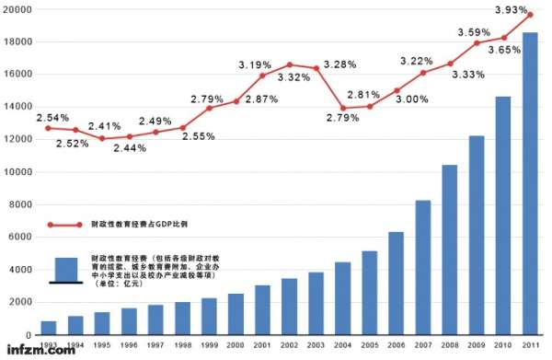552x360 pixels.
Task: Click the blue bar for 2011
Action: click(x=530, y=184)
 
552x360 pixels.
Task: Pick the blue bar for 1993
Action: click(x=49, y=328)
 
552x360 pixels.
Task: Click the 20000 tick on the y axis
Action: click(x=17, y=9)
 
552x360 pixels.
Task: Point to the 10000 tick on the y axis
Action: click(x=17, y=172)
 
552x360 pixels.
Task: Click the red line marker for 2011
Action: click(x=530, y=15)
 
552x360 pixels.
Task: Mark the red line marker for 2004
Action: click(x=343, y=109)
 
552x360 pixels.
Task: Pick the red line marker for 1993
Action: click(x=49, y=128)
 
